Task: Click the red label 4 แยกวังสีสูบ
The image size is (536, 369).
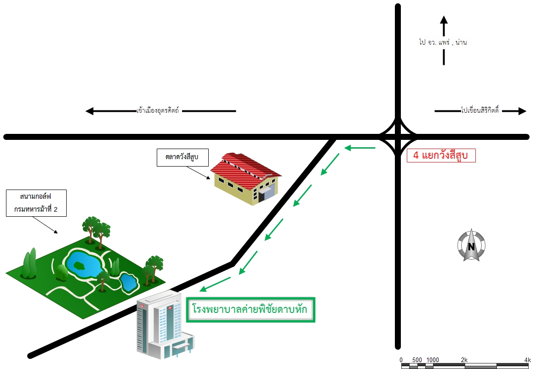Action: (441, 155)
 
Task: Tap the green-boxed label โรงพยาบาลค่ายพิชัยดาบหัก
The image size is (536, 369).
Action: (251, 310)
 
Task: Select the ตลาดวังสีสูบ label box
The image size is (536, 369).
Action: (182, 157)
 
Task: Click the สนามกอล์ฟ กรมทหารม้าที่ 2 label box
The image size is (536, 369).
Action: (36, 203)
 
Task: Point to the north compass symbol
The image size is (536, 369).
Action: (471, 245)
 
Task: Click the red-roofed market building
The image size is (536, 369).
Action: (246, 179)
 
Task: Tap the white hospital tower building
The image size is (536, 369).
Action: (165, 325)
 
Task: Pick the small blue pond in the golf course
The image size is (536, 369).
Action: (129, 282)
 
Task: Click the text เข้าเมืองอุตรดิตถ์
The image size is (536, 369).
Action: (158, 110)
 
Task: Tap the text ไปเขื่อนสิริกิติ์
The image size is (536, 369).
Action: (479, 110)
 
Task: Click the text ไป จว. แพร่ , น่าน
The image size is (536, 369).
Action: (443, 42)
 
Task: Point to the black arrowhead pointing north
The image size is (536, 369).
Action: (444, 20)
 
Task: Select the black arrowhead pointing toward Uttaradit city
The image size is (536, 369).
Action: (90, 111)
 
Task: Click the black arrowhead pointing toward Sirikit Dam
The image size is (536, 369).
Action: (522, 111)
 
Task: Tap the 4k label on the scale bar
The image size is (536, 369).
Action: (528, 360)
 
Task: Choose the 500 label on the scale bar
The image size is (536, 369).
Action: (417, 360)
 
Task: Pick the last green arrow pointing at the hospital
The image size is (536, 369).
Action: (215, 284)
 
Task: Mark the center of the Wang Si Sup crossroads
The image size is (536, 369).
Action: (398, 137)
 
